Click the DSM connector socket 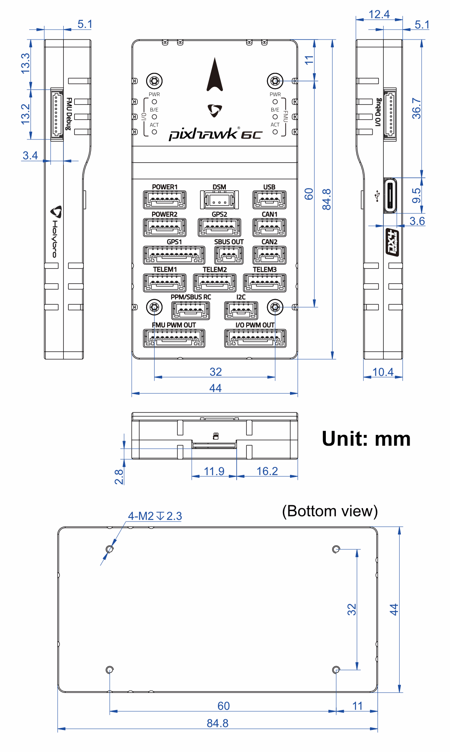(x=219, y=200)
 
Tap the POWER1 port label (x=165, y=187)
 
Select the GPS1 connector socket (x=174, y=255)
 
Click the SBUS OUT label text (x=229, y=242)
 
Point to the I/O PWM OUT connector (x=255, y=338)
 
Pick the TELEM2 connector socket (x=215, y=283)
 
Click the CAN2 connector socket (x=269, y=255)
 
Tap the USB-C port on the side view (x=390, y=196)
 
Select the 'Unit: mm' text (x=366, y=439)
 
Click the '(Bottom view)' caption (x=330, y=511)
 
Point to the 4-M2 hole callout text (x=155, y=516)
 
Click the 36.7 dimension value (x=416, y=109)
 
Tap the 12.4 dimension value (x=379, y=15)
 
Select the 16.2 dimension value (x=267, y=471)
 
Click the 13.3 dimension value (x=25, y=63)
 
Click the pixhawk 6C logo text (x=215, y=133)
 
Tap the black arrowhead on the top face (x=215, y=74)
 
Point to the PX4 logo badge (x=392, y=242)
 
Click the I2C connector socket (x=241, y=310)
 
